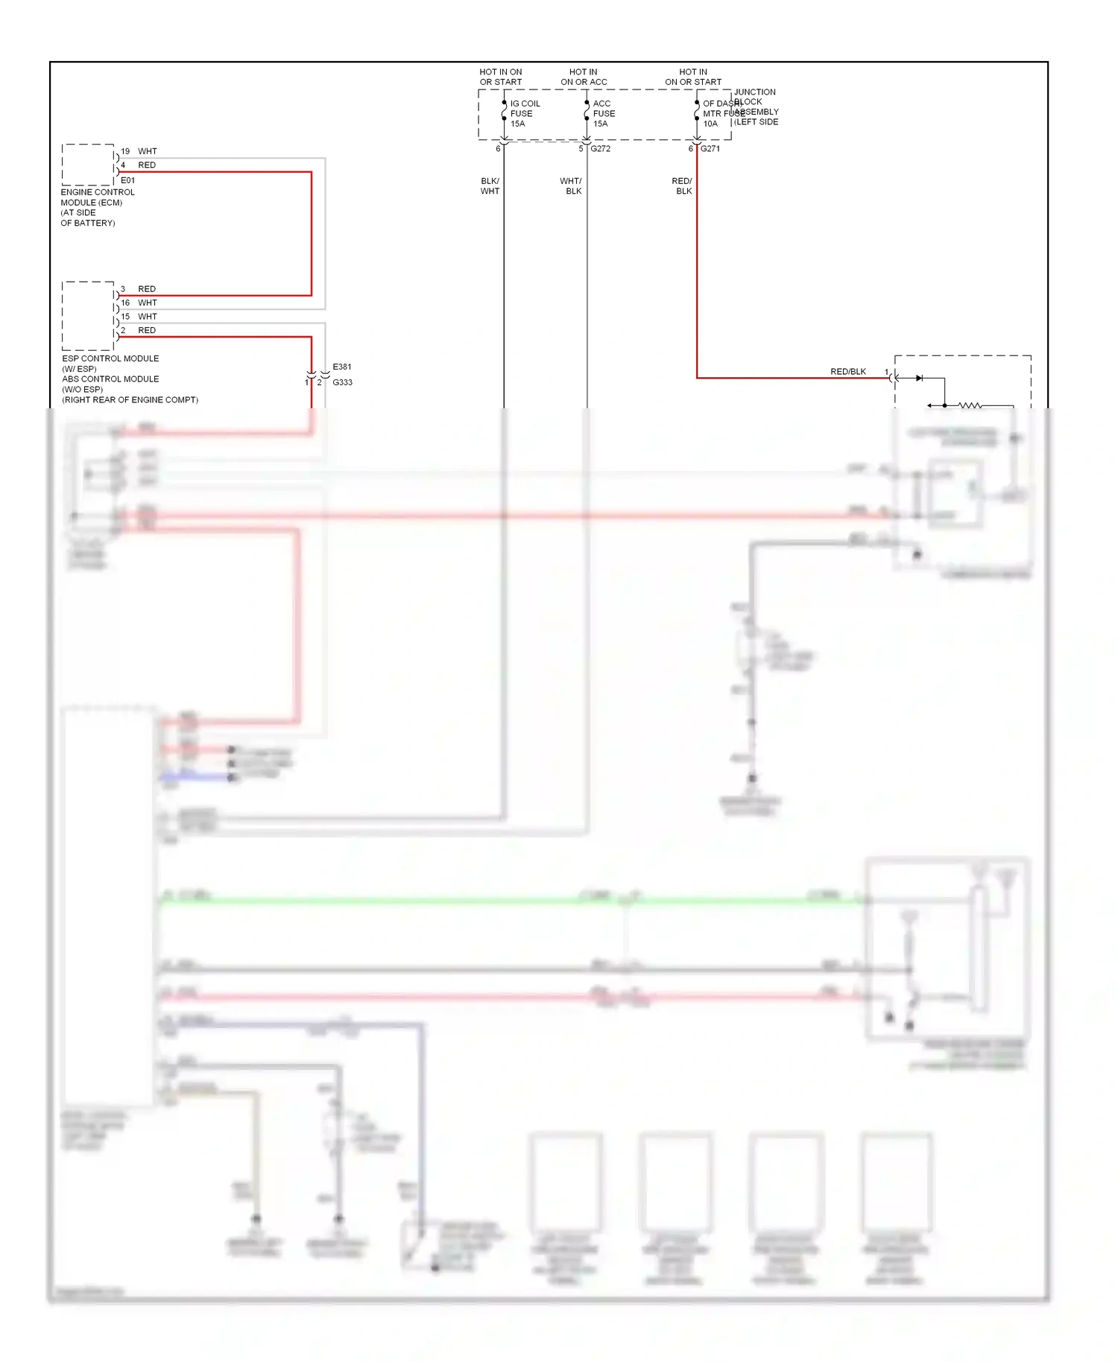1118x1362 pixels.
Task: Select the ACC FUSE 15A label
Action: click(x=604, y=114)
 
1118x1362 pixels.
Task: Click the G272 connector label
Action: click(x=600, y=149)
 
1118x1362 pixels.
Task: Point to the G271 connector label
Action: click(x=710, y=149)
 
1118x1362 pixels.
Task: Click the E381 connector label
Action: click(x=342, y=367)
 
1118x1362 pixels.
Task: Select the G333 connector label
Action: click(x=342, y=382)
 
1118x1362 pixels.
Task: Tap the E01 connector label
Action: click(x=128, y=180)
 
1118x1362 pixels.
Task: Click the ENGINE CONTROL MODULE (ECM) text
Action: click(x=97, y=197)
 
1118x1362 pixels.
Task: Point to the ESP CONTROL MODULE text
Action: click(x=110, y=358)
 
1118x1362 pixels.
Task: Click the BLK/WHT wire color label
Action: click(x=490, y=186)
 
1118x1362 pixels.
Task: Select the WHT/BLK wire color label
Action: click(x=571, y=186)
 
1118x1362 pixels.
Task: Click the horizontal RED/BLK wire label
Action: click(x=847, y=371)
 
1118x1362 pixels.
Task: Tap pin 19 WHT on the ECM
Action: click(x=139, y=151)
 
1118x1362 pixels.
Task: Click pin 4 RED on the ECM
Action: click(x=139, y=165)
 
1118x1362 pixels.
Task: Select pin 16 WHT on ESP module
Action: click(x=139, y=303)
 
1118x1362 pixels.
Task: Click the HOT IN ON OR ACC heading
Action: click(x=584, y=77)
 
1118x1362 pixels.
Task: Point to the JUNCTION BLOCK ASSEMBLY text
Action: click(x=755, y=107)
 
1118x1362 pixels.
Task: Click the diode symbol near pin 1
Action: click(x=919, y=378)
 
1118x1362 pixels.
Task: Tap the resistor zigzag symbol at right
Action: click(x=970, y=405)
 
